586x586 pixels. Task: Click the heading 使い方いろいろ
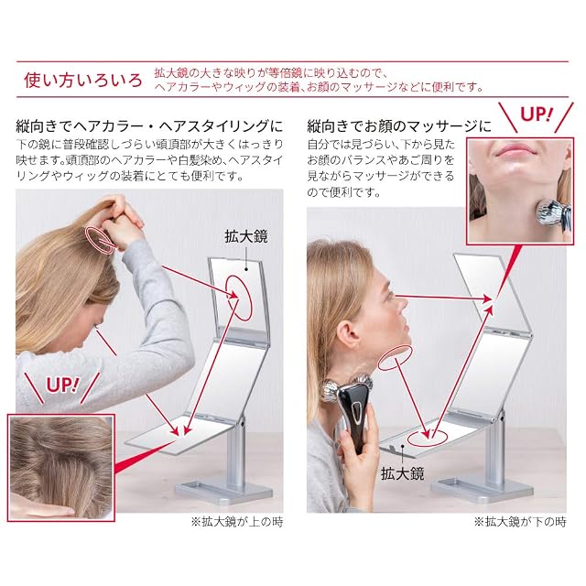pos(83,81)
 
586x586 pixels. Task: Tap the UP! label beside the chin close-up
pos(536,114)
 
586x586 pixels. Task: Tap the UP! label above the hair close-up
pos(62,385)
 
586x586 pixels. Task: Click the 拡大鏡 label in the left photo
pos(246,236)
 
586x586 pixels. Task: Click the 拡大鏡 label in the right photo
pos(402,473)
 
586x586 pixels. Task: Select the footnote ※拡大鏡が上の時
pos(237,522)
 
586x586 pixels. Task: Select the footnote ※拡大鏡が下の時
pos(520,522)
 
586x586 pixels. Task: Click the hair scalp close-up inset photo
pos(61,467)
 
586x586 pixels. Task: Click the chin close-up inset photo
pos(520,191)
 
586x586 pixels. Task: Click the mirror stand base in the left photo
pos(224,489)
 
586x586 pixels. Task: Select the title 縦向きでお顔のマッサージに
pos(399,126)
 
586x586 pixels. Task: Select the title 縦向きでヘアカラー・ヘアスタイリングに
pos(149,126)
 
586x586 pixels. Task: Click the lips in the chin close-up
pos(516,150)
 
